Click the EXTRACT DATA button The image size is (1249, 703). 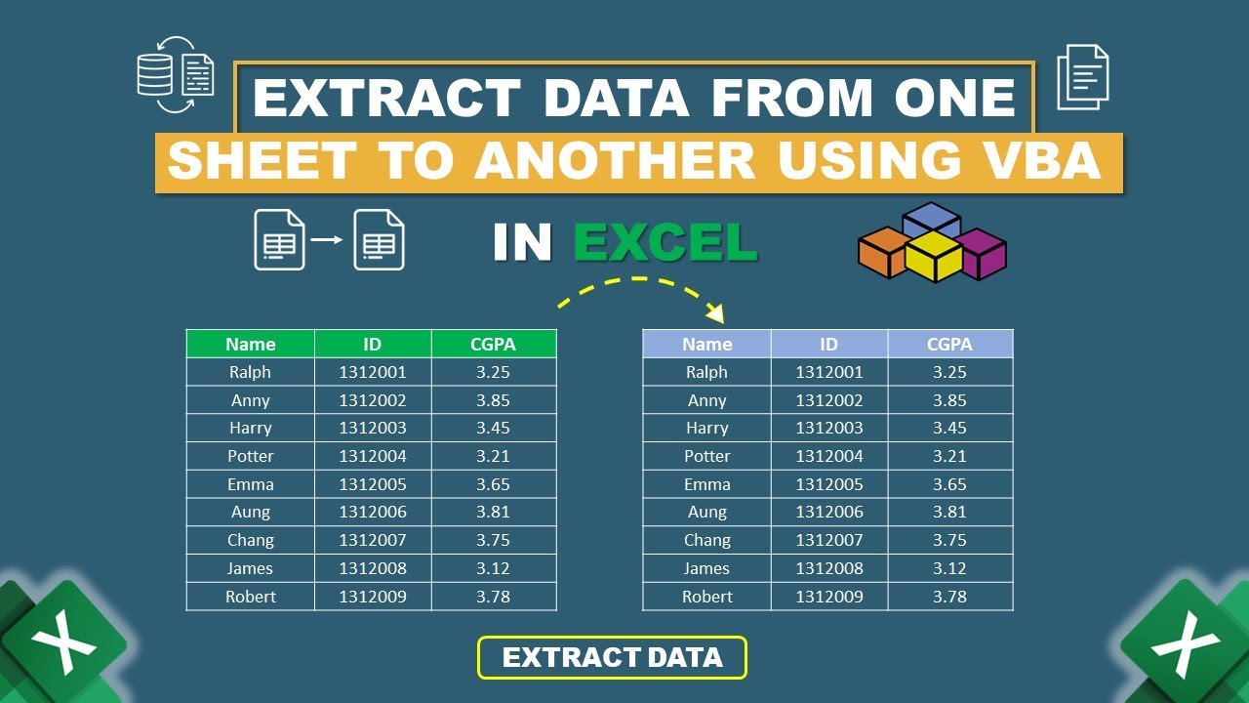point(612,657)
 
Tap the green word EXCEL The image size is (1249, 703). point(665,243)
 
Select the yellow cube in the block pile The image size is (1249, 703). point(934,256)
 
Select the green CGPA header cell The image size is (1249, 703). point(493,344)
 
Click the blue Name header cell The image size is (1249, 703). point(706,344)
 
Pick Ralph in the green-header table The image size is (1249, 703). point(250,372)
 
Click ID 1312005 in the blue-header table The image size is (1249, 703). point(828,484)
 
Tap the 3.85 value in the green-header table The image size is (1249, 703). point(493,400)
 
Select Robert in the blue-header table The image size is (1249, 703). point(706,597)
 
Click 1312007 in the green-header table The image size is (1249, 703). point(372,540)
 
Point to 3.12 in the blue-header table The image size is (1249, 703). point(949,568)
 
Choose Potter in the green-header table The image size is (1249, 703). point(250,456)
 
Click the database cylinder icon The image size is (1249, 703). point(154,74)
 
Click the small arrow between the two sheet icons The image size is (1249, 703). point(329,238)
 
